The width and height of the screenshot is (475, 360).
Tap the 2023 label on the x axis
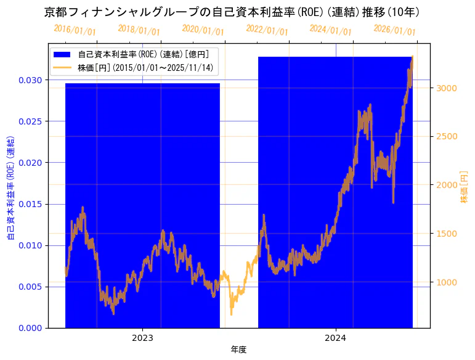[142, 338]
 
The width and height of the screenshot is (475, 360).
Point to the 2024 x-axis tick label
[335, 338]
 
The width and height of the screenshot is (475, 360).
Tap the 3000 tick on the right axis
[447, 88]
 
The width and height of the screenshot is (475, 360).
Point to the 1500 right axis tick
[447, 234]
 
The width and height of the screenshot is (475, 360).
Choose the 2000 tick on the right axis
[447, 185]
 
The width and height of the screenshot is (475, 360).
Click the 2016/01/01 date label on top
[75, 30]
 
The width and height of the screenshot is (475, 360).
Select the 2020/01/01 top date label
[203, 30]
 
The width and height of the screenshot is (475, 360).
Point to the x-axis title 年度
[238, 350]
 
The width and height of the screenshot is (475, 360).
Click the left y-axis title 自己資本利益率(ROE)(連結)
[10, 186]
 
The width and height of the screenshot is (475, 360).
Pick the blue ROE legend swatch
[63, 54]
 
